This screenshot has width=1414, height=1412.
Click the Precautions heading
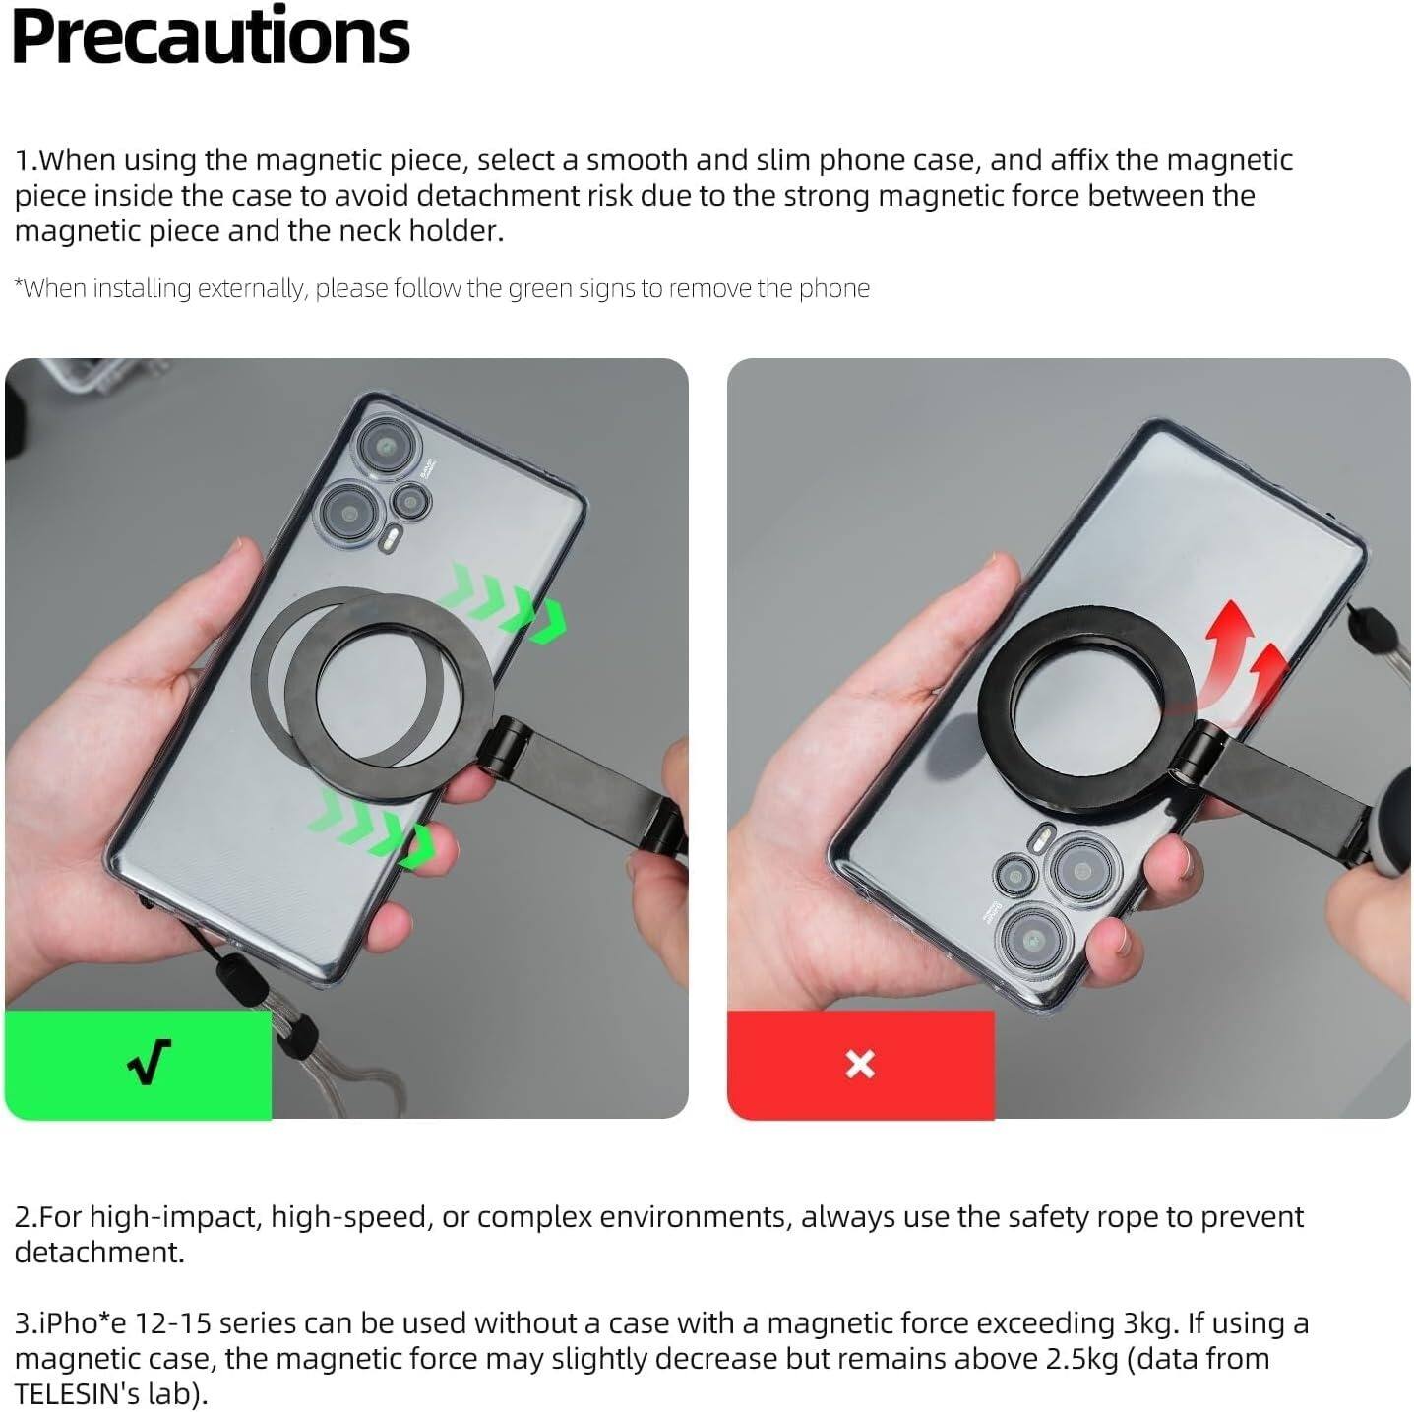(211, 36)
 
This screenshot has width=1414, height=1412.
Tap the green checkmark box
(138, 1064)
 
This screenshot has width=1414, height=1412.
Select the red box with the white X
(860, 1064)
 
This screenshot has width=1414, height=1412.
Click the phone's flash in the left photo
(392, 540)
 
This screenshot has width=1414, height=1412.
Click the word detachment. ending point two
(98, 1253)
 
